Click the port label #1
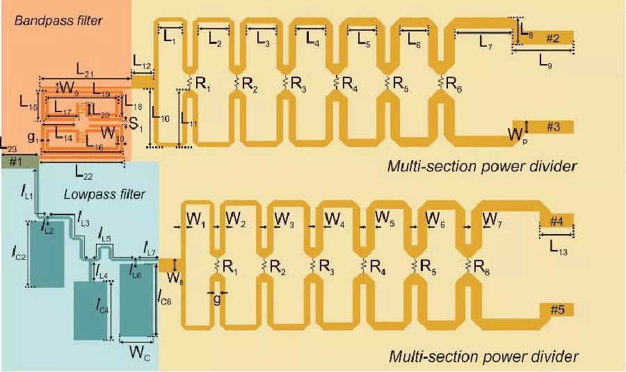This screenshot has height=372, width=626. [x=16, y=161]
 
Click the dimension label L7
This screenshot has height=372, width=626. [x=485, y=42]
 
